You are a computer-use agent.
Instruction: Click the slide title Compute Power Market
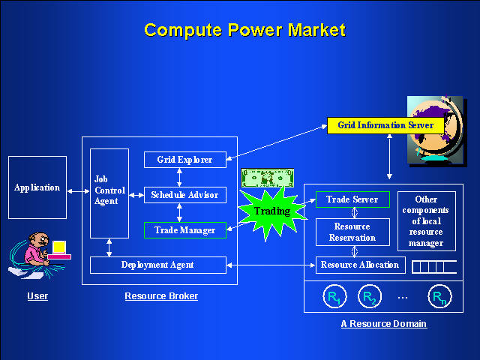click(244, 30)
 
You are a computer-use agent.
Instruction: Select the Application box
click(37, 187)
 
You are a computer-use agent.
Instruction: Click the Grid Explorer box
click(184, 160)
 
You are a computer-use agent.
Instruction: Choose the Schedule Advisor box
click(184, 195)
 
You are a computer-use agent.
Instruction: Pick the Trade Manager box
click(184, 230)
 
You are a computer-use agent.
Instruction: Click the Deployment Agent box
click(157, 265)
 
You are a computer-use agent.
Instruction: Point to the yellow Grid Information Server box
click(385, 125)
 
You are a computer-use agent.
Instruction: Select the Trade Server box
click(352, 199)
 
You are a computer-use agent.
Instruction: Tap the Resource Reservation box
click(352, 232)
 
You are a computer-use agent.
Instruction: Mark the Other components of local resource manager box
click(426, 221)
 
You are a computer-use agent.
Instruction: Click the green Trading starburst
click(272, 211)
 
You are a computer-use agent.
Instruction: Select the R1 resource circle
click(331, 296)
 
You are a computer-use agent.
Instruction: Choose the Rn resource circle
click(439, 296)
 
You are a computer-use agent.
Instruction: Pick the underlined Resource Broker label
click(161, 296)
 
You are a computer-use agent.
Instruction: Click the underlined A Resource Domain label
click(384, 324)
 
